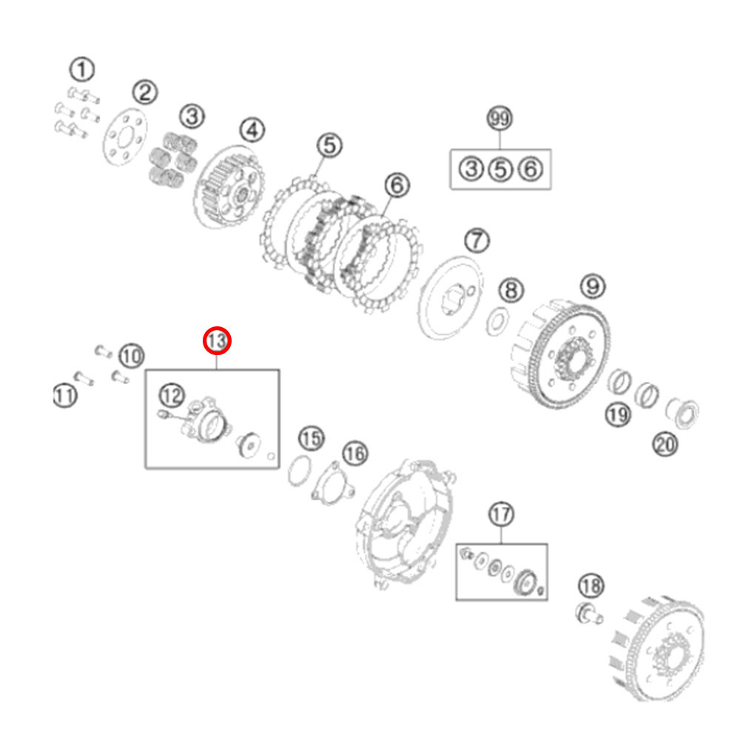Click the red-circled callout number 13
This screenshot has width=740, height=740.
coord(218,341)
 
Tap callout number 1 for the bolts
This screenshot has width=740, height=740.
coord(82,70)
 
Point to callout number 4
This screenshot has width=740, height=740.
coord(252,131)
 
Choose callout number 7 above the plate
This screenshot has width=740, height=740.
coord(397,185)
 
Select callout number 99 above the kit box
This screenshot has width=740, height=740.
coord(592,284)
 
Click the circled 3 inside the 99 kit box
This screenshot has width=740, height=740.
coord(471,169)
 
